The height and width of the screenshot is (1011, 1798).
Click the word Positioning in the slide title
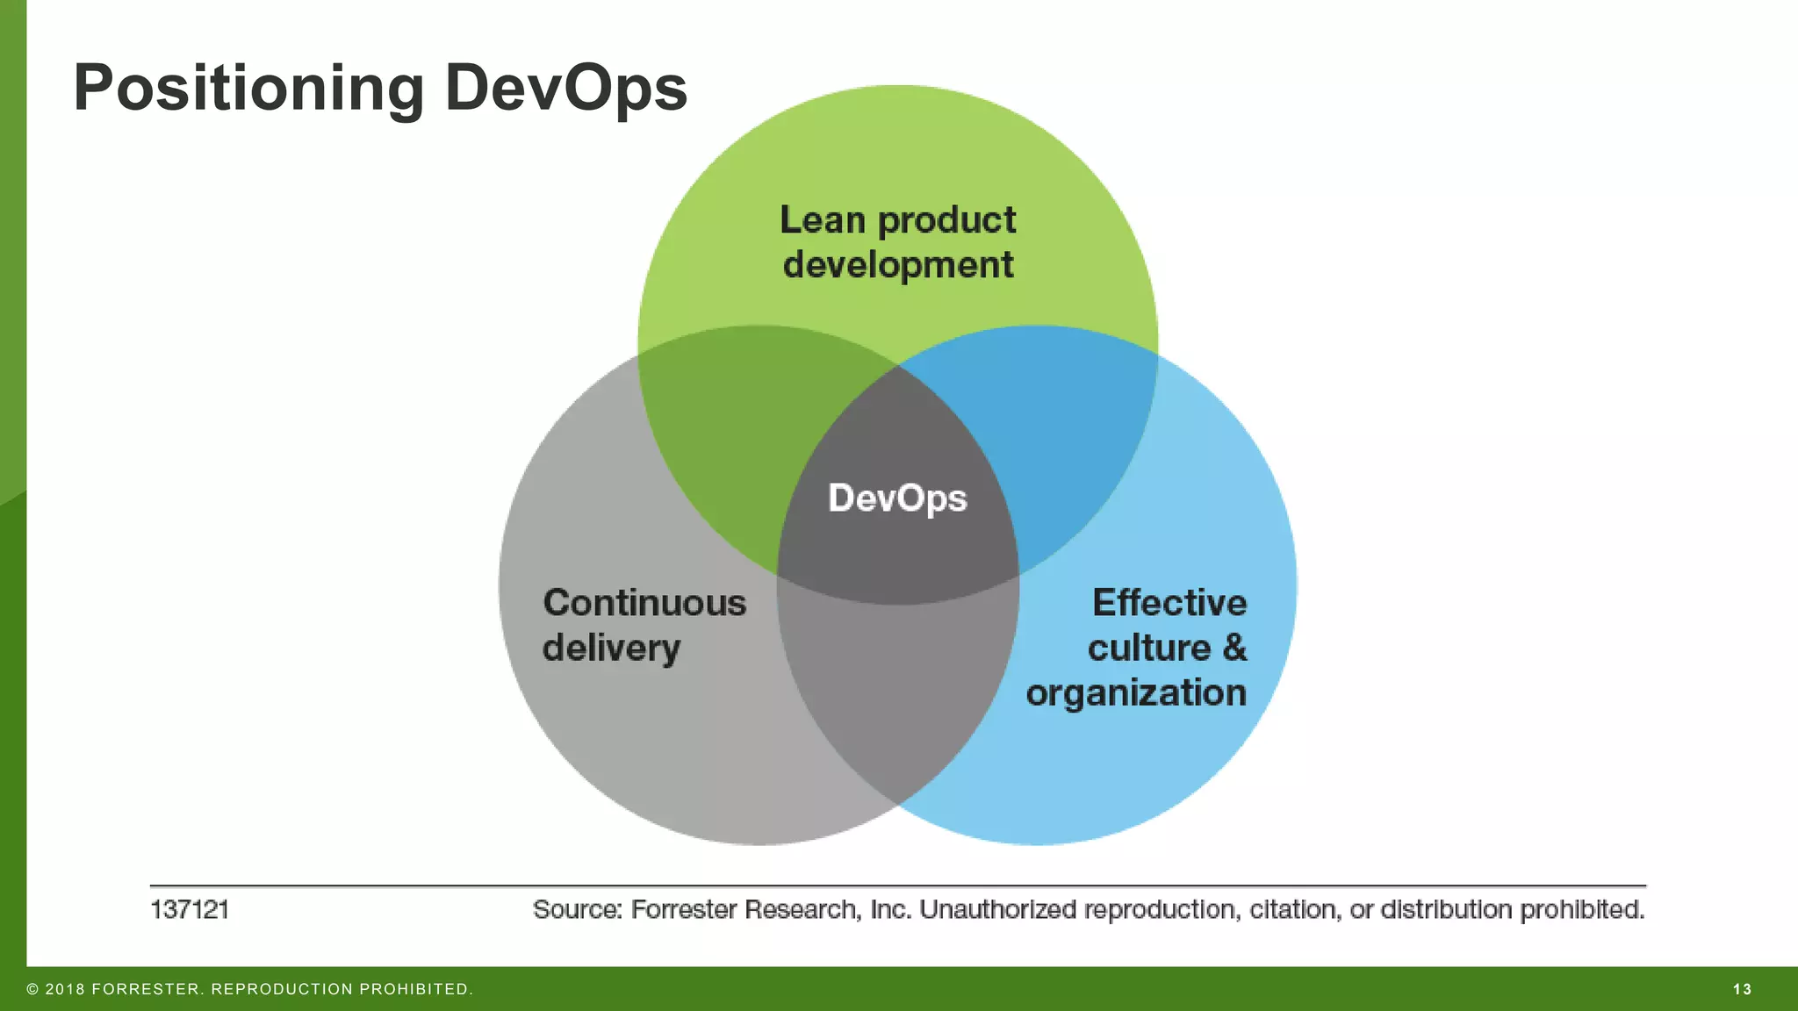click(248, 89)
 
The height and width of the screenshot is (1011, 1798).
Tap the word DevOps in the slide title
click(565, 89)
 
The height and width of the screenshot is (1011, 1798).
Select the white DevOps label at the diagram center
click(897, 498)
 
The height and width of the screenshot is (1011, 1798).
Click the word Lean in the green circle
click(822, 219)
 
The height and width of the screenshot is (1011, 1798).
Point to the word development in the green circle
click(898, 265)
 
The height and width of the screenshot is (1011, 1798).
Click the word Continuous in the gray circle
click(644, 603)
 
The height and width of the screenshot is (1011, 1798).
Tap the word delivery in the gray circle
click(611, 649)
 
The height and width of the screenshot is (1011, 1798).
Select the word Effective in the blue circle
click(1169, 603)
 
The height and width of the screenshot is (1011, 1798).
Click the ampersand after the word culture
click(1234, 648)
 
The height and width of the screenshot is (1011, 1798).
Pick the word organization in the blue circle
click(1136, 693)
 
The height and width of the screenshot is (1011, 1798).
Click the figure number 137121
click(190, 909)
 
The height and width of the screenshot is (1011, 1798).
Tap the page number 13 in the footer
click(1742, 989)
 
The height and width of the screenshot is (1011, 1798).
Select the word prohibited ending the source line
click(1581, 909)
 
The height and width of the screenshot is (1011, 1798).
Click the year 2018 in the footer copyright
click(65, 989)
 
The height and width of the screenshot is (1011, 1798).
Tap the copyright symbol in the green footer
click(32, 989)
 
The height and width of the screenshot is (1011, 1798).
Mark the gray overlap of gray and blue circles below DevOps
click(897, 693)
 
